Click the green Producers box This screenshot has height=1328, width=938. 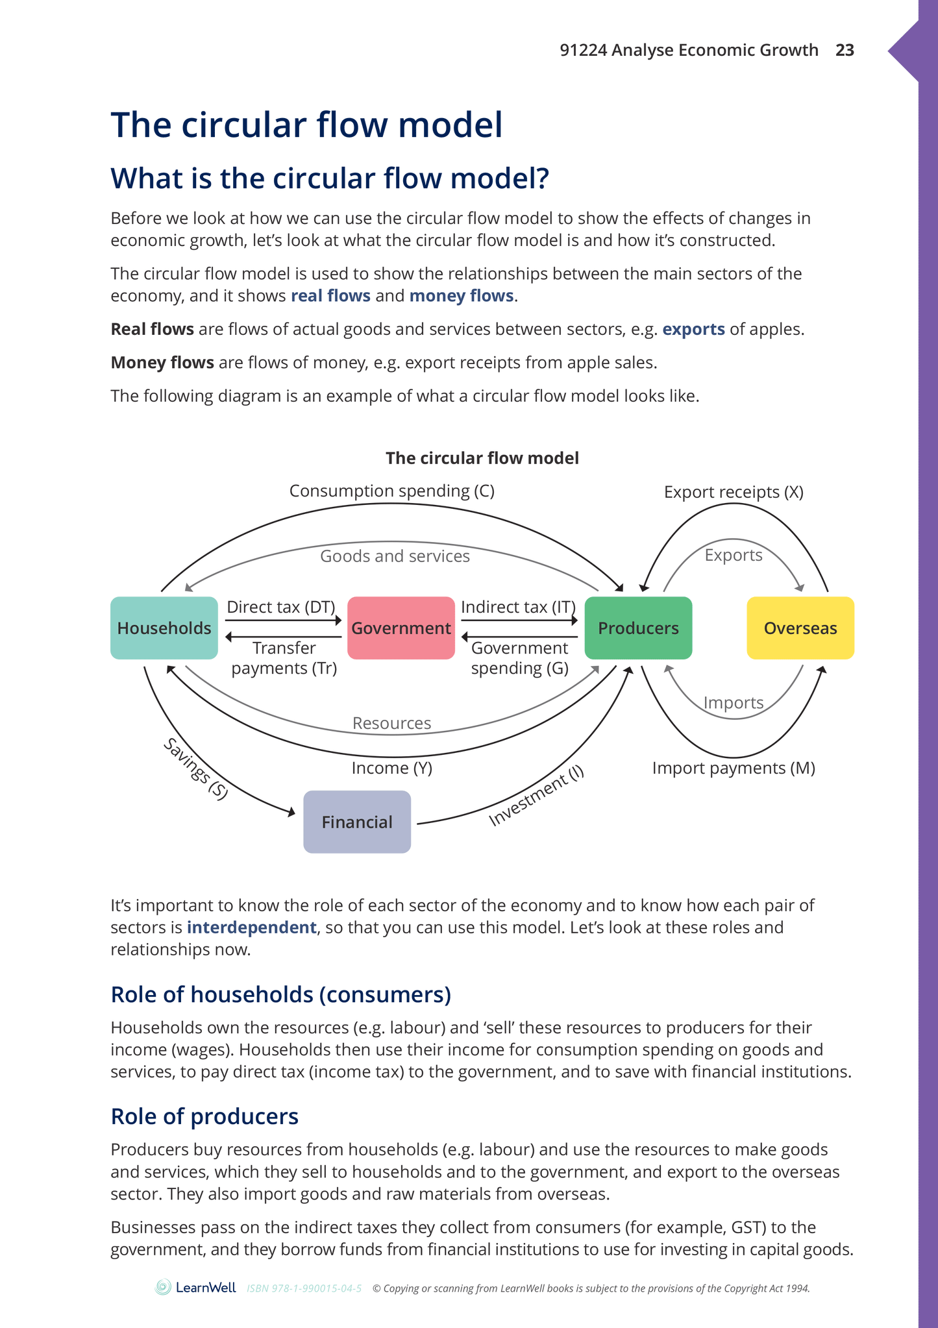click(x=638, y=628)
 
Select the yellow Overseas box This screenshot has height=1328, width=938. click(x=800, y=628)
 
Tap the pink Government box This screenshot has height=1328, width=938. click(x=401, y=628)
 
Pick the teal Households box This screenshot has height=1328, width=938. click(x=164, y=628)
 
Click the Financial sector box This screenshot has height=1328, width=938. click(x=357, y=822)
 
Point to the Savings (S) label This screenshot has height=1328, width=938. click(x=195, y=769)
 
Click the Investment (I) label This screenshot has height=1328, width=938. click(x=536, y=796)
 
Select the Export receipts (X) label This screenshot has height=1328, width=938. click(x=734, y=492)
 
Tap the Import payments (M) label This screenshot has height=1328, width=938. click(x=734, y=768)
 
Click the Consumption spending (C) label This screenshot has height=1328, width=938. click(x=391, y=491)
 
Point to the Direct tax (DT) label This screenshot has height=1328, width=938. click(x=280, y=607)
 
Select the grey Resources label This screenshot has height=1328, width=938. click(x=391, y=723)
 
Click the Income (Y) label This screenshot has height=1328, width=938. click(x=391, y=768)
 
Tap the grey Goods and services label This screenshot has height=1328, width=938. click(x=395, y=556)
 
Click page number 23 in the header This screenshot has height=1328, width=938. click(x=845, y=50)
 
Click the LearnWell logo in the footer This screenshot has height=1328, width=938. click(x=196, y=1288)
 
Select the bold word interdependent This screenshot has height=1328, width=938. click(x=251, y=927)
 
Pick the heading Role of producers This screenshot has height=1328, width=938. click(x=204, y=1116)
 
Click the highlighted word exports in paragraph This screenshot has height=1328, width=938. click(x=693, y=329)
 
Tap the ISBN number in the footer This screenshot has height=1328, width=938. click(x=304, y=1288)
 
